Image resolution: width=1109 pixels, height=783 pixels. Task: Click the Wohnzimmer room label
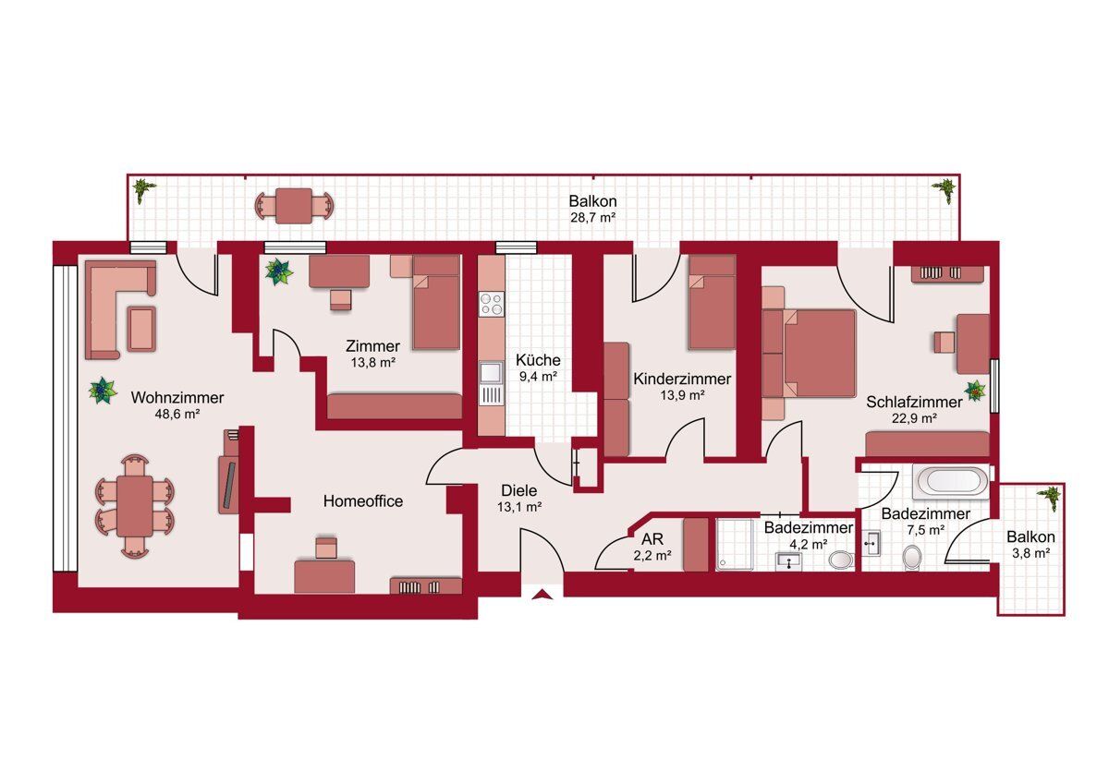tap(177, 397)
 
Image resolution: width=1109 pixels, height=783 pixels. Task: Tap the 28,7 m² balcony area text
tap(592, 217)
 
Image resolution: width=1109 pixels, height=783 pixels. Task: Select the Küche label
tap(538, 359)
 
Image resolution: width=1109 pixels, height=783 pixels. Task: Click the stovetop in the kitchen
tap(491, 304)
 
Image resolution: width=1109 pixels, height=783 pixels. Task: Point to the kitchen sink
tap(491, 372)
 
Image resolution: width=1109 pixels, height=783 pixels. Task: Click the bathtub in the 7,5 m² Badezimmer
tap(952, 481)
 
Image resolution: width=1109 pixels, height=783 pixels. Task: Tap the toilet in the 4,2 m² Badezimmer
tap(841, 560)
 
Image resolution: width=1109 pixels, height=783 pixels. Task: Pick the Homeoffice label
tap(363, 501)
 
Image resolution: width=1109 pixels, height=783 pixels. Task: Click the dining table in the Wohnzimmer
tap(135, 506)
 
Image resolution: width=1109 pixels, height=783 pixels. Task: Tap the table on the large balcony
tap(294, 205)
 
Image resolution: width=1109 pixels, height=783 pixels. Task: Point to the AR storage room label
tap(652, 538)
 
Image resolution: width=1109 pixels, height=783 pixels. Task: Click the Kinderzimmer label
tap(682, 379)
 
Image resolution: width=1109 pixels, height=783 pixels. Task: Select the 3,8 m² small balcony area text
tap(1030, 553)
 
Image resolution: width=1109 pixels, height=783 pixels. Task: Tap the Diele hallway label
tap(518, 490)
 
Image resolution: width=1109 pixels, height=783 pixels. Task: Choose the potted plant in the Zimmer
tap(279, 272)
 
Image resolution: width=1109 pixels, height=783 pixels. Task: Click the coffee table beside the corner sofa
tap(141, 329)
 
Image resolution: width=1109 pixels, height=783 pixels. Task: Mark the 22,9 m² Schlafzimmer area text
tap(914, 418)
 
